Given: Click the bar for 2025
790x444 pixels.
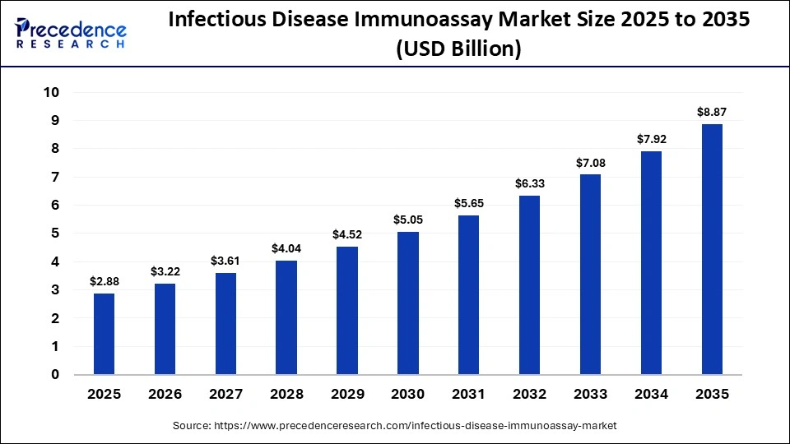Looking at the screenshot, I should [x=104, y=334].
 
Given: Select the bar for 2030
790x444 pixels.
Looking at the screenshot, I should [x=407, y=303].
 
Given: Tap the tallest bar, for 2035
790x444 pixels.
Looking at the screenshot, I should [x=712, y=249].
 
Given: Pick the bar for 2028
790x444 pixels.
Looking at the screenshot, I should [x=286, y=317].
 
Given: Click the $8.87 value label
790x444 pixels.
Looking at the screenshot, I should [x=712, y=112].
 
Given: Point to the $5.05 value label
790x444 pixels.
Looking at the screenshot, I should [x=407, y=220].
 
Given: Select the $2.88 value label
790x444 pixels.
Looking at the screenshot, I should [x=104, y=281].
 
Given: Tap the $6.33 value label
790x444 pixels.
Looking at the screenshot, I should [x=529, y=183].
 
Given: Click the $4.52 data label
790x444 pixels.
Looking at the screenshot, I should [x=346, y=234].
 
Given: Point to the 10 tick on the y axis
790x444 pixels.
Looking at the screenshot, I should [x=51, y=92].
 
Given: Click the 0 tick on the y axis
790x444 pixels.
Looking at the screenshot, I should [x=55, y=375].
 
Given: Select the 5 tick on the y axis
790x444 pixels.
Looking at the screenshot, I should [x=55, y=234].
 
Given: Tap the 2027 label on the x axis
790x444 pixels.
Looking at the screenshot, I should [x=225, y=395].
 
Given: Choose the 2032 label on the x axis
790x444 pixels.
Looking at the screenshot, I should [x=529, y=395].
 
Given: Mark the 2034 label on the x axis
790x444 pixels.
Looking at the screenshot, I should [x=651, y=395].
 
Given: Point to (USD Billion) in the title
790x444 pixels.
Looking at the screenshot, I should [x=458, y=49].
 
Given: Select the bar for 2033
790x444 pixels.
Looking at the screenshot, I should [x=590, y=275].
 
